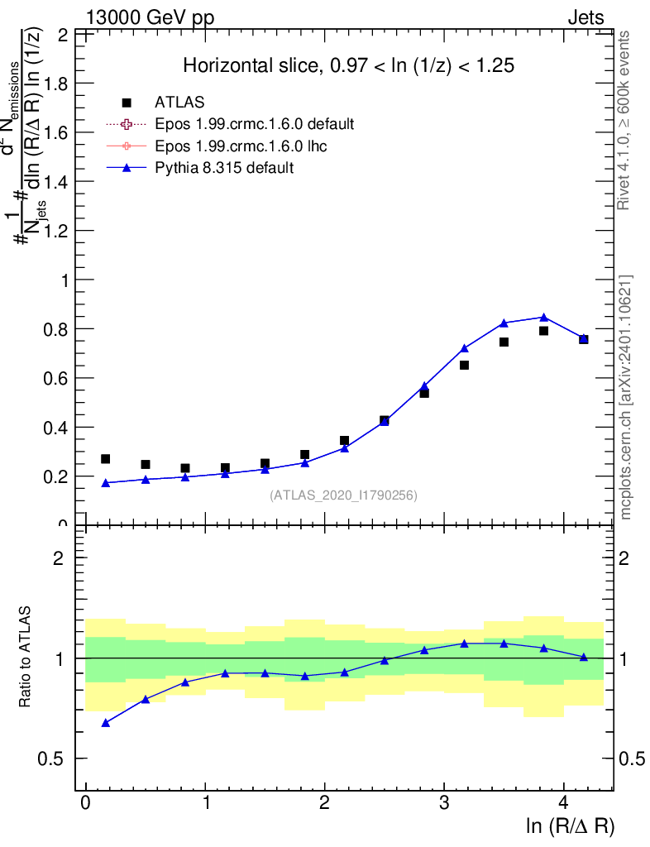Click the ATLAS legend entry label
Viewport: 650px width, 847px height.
coord(179,103)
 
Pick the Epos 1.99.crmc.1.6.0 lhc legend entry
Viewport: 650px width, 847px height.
coord(243,146)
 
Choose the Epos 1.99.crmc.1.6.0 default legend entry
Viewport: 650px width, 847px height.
coord(255,124)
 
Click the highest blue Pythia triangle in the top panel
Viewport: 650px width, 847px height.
coord(543,318)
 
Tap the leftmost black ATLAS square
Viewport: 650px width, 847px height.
coord(105,459)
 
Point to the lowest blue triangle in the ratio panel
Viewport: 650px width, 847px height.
coord(105,723)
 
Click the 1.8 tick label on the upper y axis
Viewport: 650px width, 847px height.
coord(58,84)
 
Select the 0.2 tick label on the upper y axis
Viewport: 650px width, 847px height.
coord(58,476)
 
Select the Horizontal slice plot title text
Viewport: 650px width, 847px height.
coord(349,66)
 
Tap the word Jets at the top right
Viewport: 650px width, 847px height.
coord(585,18)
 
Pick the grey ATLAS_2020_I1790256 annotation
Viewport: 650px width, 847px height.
coord(343,495)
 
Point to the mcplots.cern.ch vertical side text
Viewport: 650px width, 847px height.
coord(626,397)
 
